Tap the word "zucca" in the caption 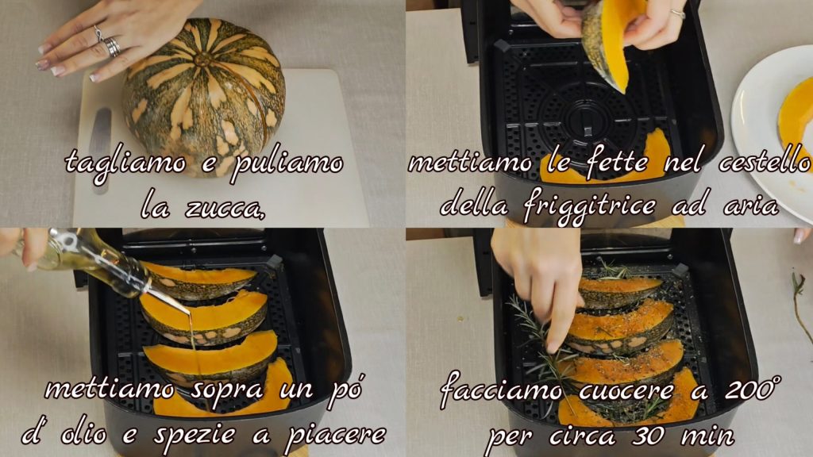coord(225,208)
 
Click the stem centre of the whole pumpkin coord(202,59)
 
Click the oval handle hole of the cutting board coord(100,147)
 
